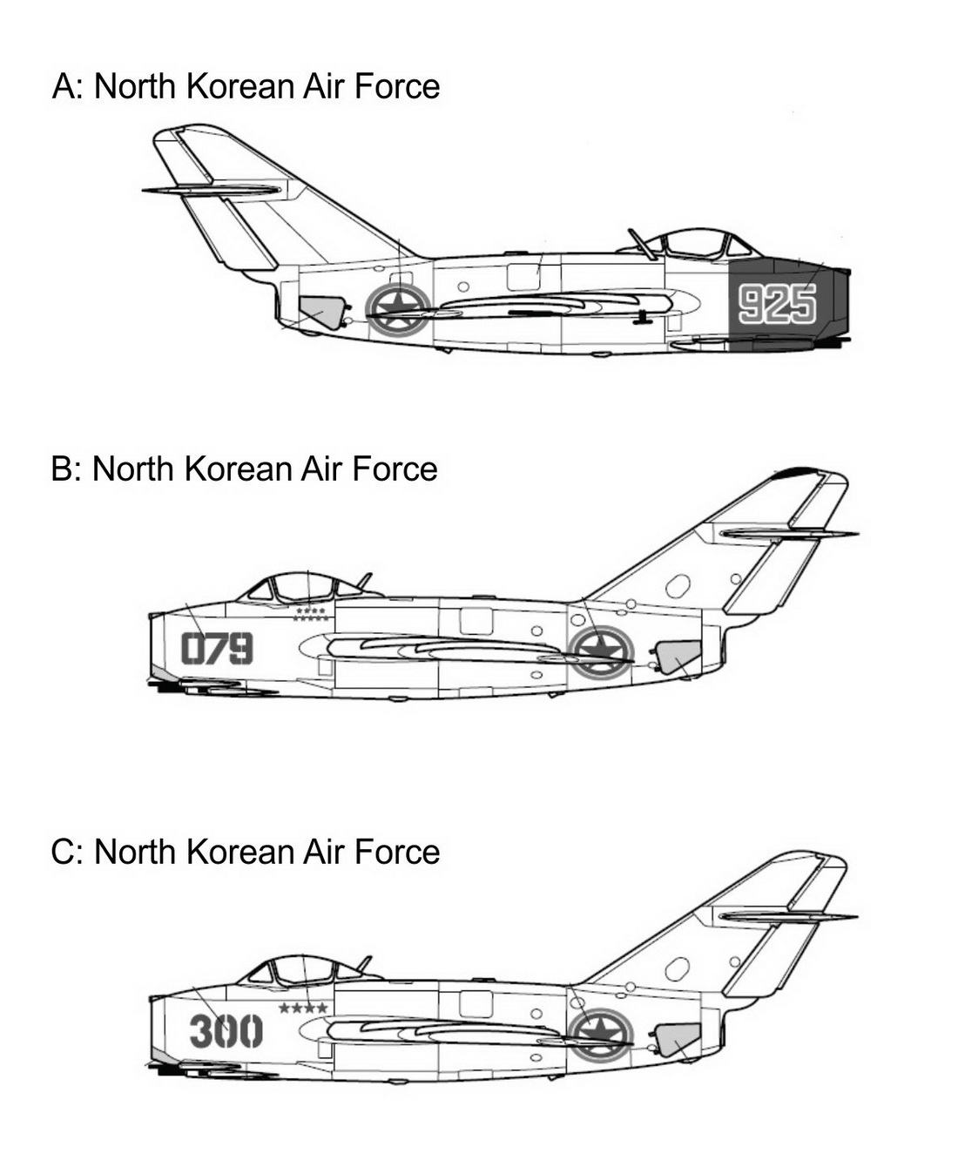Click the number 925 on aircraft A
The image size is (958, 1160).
click(x=778, y=303)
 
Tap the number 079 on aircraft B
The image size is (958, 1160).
click(x=217, y=648)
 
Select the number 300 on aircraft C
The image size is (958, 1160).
click(x=226, y=1031)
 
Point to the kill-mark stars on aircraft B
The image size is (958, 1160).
click(x=311, y=614)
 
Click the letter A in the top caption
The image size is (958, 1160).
click(x=63, y=87)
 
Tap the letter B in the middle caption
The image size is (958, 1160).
click(x=61, y=469)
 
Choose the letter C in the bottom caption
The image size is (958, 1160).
click(x=62, y=852)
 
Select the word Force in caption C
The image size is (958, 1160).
click(x=396, y=852)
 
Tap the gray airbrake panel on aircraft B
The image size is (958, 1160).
click(x=678, y=657)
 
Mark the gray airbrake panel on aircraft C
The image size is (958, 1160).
click(x=678, y=1040)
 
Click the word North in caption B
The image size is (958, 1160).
click(x=132, y=469)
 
